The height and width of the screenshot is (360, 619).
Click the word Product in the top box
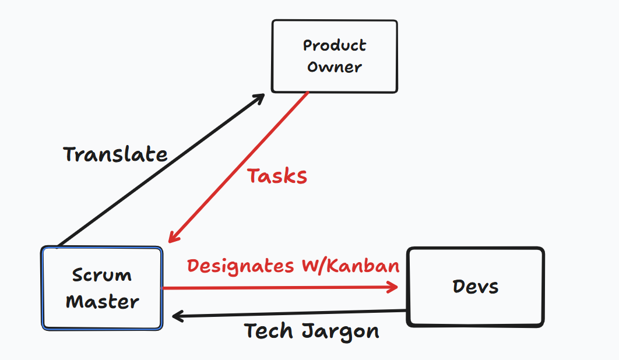(x=335, y=45)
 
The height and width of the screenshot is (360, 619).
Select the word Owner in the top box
(x=335, y=67)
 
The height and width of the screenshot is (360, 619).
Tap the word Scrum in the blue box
(x=102, y=275)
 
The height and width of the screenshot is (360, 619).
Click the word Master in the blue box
(x=102, y=302)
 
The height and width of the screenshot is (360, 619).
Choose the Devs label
(x=476, y=287)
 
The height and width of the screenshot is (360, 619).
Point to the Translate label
(x=115, y=155)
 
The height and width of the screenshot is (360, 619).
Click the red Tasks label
(x=277, y=176)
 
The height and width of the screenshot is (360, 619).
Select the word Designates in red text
(x=240, y=266)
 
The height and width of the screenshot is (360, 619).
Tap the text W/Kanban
(x=349, y=266)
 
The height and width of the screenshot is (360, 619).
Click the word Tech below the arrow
(x=269, y=331)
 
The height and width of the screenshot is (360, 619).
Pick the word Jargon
(x=341, y=332)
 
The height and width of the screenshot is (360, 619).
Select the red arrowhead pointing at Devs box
(x=394, y=287)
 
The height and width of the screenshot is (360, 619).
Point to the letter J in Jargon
(x=309, y=331)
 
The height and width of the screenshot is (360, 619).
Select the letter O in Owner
(x=313, y=67)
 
